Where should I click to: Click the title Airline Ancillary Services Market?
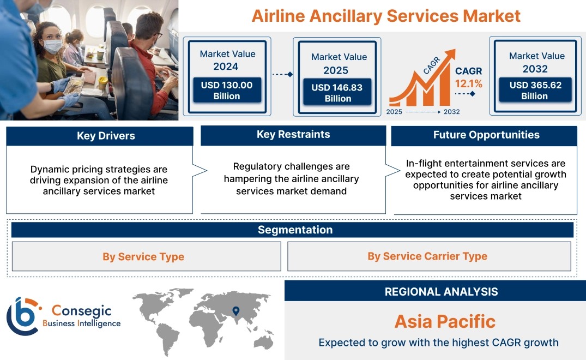point(386,16)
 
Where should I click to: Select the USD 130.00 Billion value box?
point(227,90)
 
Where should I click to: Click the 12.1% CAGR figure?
point(468,84)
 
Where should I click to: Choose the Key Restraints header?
point(293,135)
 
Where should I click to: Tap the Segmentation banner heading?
point(295,230)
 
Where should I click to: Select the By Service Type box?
point(147,256)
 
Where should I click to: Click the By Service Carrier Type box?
point(429,256)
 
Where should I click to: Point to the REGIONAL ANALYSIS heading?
point(442,292)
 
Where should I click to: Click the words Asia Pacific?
point(445,321)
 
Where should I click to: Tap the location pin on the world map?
point(236,311)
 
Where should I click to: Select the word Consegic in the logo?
point(81,310)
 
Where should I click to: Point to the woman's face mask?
point(53,46)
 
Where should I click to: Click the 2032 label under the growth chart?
point(451,112)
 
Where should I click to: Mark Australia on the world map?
point(264,341)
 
